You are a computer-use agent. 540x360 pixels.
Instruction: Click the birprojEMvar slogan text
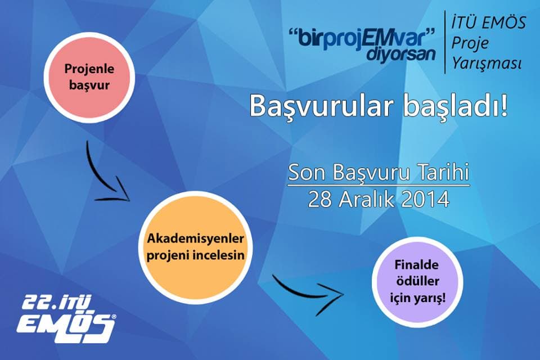[x=363, y=39]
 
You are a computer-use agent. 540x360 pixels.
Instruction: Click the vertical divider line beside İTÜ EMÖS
[x=445, y=42]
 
